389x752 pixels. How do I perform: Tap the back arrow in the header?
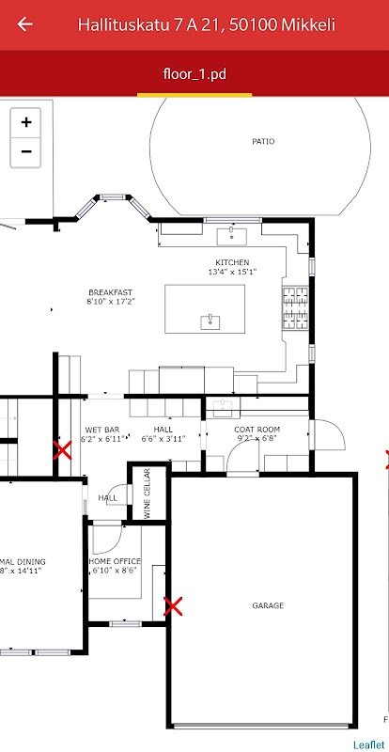(24, 24)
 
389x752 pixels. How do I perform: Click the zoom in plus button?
(26, 122)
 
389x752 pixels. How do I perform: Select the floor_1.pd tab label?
(194, 75)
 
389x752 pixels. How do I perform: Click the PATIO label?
(263, 142)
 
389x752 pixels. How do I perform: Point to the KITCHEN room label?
(232, 263)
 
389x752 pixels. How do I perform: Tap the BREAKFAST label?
(110, 292)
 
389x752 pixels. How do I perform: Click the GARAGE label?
(268, 605)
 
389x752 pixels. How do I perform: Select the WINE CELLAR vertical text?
(148, 493)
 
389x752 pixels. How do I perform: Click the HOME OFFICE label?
(115, 561)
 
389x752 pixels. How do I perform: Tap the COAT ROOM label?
(257, 430)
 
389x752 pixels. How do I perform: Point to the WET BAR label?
(102, 430)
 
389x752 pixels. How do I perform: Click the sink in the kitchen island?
(210, 322)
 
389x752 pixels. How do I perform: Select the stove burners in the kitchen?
(295, 308)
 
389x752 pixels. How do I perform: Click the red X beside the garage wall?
(173, 606)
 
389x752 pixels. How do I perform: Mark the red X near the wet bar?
(62, 450)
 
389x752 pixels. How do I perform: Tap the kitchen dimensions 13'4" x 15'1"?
(232, 272)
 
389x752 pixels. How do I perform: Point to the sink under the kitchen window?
(232, 237)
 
